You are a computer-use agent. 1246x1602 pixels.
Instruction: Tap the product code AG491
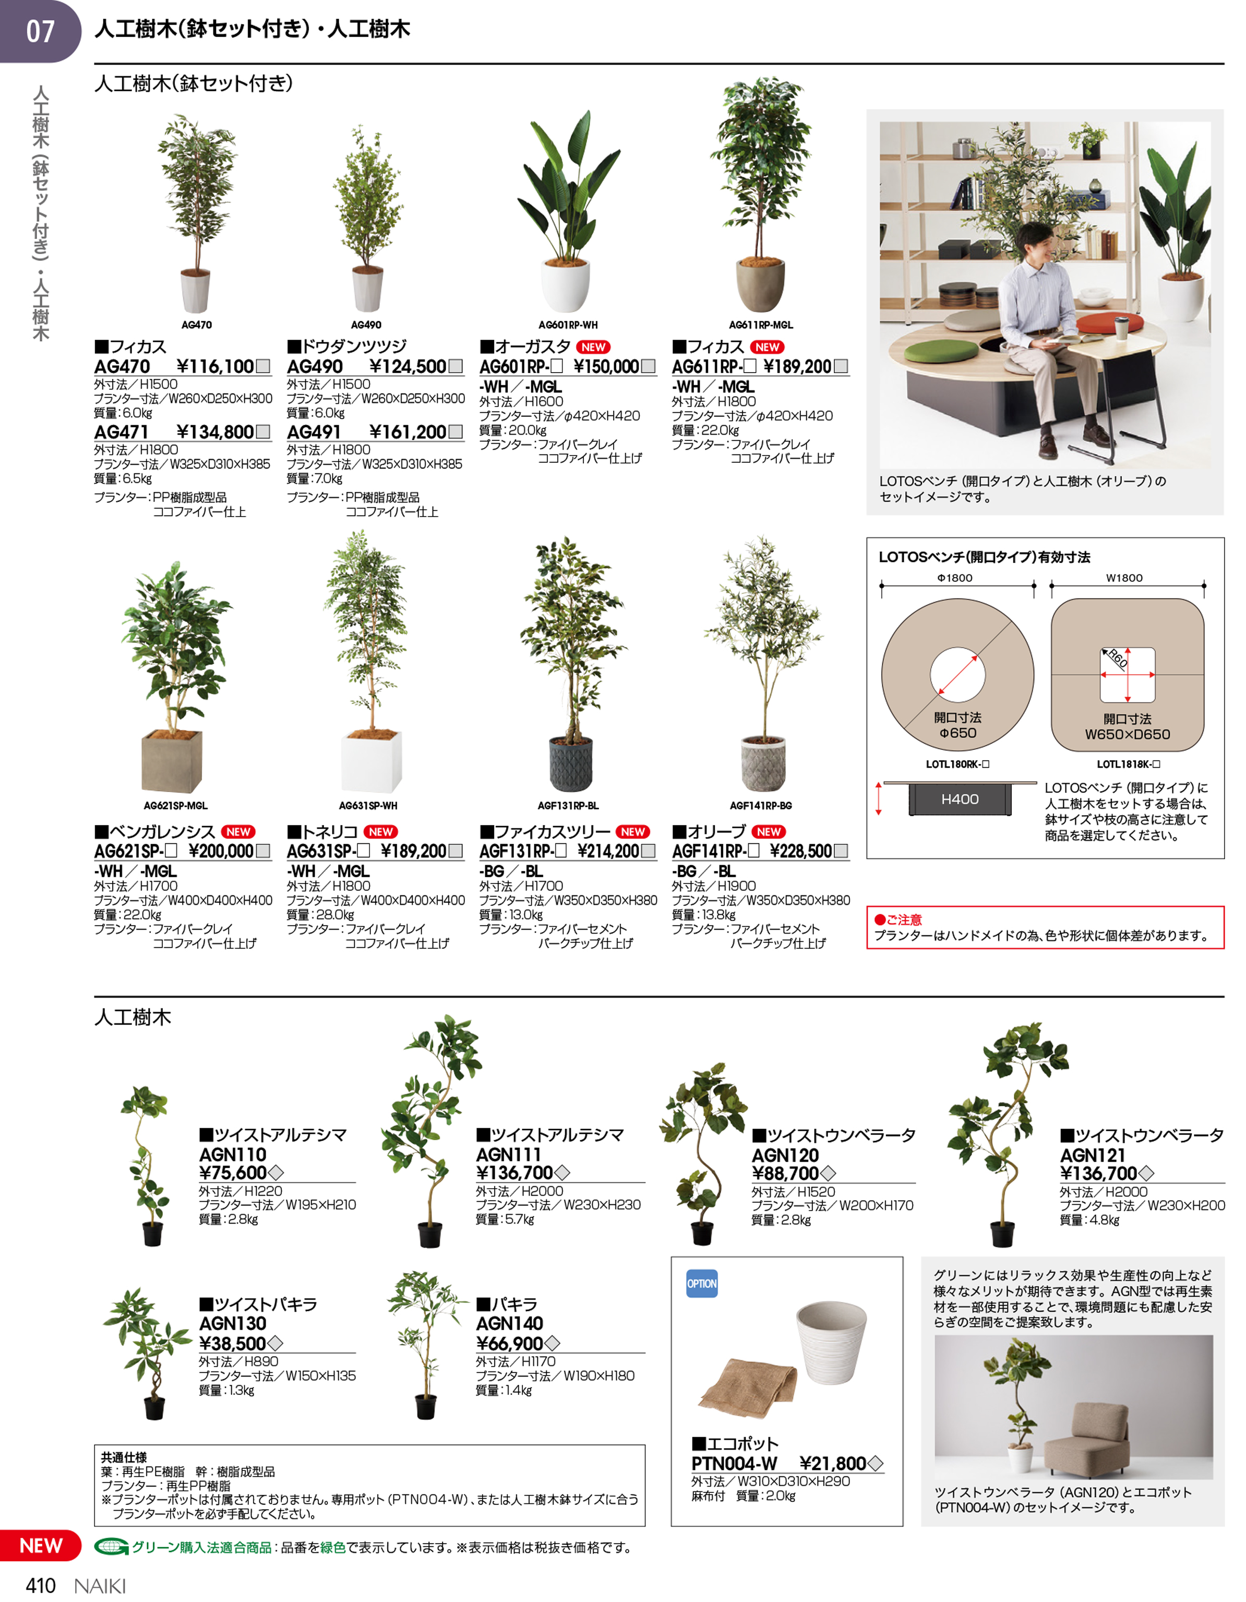pos(314,432)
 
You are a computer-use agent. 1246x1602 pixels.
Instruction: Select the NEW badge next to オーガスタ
pos(593,347)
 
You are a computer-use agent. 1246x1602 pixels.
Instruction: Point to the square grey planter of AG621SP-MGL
pos(172,761)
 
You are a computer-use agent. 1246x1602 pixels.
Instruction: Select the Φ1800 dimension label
pos(955,578)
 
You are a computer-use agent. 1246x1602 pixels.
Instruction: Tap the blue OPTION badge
pos(702,1284)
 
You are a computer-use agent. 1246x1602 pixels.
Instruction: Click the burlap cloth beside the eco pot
pos(748,1386)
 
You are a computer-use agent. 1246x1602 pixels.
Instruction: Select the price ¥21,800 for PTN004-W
pos(832,1463)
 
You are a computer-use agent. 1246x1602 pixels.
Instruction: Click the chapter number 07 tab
pos(40,31)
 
